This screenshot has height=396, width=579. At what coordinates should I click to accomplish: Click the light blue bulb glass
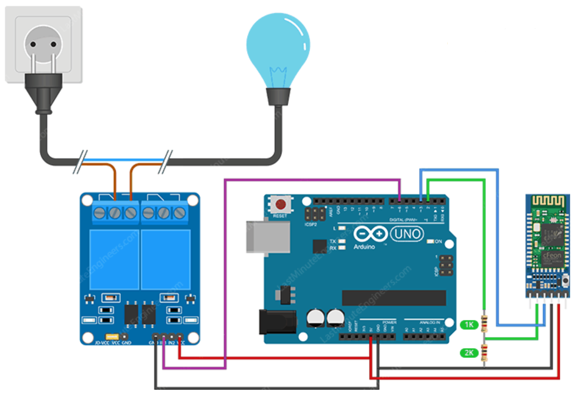(278, 44)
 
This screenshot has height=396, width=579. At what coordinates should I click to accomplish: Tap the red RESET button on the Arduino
(282, 204)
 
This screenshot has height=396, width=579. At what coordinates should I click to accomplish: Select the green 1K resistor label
(469, 325)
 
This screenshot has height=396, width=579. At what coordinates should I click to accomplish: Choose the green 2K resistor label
(469, 353)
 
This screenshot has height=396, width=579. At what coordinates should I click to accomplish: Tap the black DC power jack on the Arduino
(277, 321)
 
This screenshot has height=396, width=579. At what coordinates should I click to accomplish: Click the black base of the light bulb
(278, 96)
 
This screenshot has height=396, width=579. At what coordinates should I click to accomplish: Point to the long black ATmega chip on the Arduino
(393, 298)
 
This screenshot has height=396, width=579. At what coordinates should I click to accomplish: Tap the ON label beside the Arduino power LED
(439, 241)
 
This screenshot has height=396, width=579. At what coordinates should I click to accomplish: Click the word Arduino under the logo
(364, 246)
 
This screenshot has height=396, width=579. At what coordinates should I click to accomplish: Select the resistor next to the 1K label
(485, 324)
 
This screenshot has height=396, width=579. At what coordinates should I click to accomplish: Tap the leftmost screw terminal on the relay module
(99, 212)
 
